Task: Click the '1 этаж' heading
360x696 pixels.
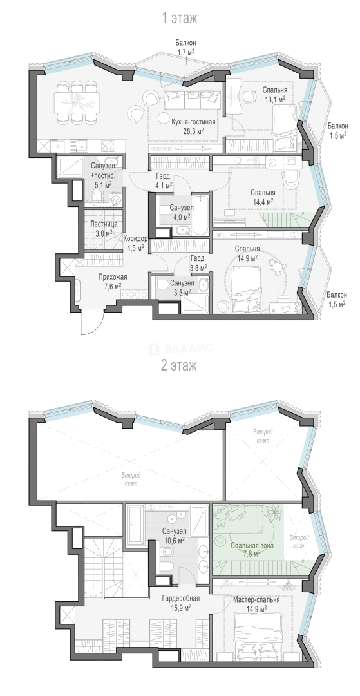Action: (x=179, y=18)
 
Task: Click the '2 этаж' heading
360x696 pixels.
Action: (x=179, y=366)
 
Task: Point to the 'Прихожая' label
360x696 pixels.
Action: (x=109, y=278)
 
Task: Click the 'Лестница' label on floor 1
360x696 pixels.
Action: (x=103, y=224)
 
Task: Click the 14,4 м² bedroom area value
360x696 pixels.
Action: (x=263, y=201)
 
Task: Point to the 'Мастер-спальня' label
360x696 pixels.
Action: (x=256, y=600)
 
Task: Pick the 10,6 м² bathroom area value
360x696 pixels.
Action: (x=174, y=540)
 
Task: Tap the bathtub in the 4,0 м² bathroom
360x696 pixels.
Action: (x=200, y=215)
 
